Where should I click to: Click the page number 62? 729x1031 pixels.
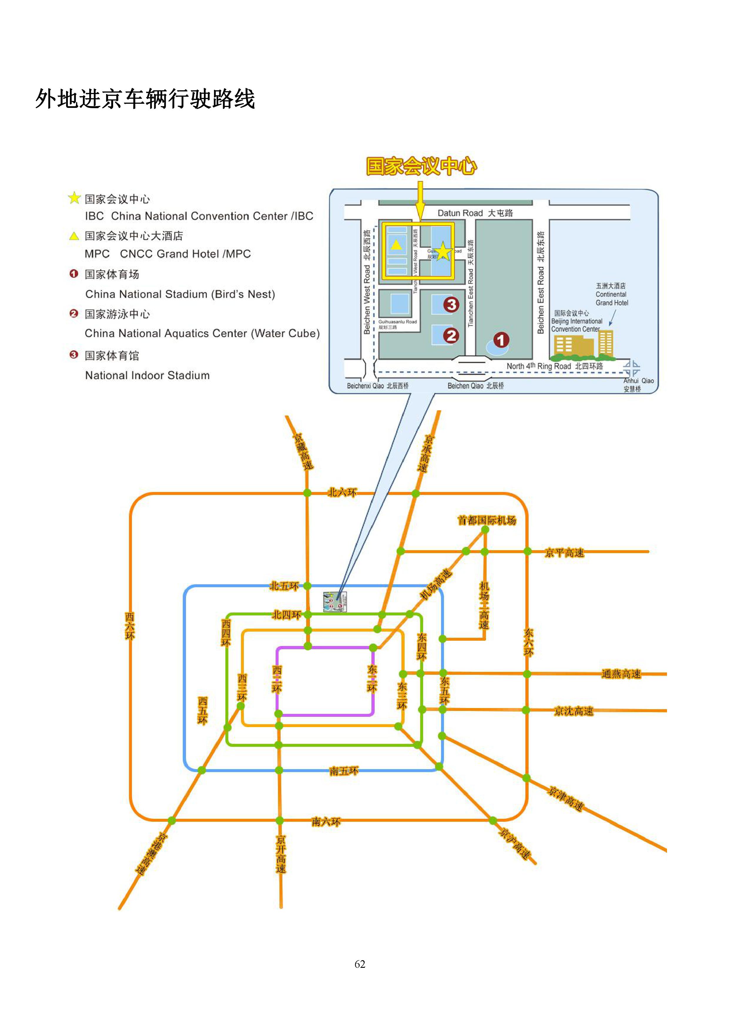click(360, 964)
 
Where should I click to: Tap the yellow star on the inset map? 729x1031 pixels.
click(443, 252)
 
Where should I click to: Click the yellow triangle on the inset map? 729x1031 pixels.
click(396, 245)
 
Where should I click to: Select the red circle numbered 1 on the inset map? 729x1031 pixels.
click(501, 340)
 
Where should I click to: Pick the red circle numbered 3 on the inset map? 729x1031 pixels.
click(451, 305)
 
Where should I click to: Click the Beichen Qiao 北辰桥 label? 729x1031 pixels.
click(475, 386)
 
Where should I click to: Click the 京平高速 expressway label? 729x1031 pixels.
click(564, 553)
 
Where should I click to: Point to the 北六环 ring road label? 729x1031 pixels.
click(342, 493)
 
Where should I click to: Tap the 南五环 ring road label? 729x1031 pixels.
click(344, 771)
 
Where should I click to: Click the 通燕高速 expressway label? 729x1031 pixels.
click(621, 674)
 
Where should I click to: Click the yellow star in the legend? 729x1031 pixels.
click(74, 198)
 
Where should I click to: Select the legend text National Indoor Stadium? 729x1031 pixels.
click(147, 375)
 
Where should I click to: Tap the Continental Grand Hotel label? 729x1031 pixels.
click(611, 294)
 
